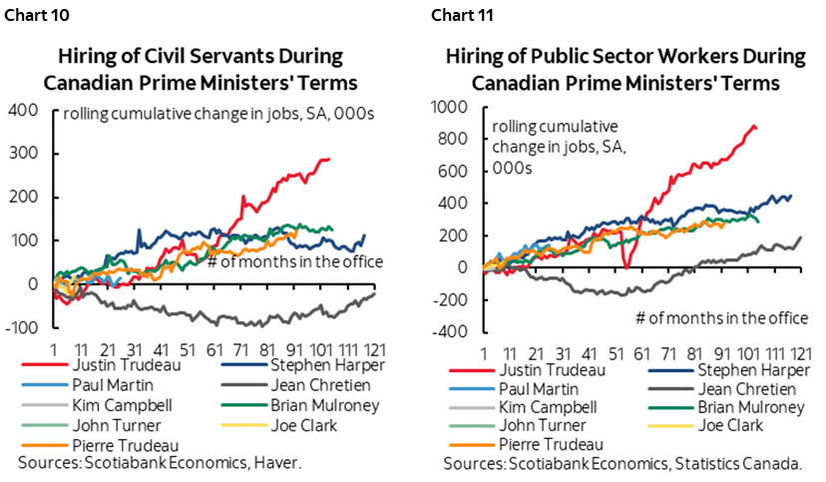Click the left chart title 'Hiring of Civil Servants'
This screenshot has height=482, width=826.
click(x=200, y=56)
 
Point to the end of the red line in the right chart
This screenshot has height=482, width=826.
click(x=755, y=128)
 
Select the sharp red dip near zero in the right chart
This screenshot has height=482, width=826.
click(x=624, y=265)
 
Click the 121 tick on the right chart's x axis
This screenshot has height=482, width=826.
click(x=800, y=353)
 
